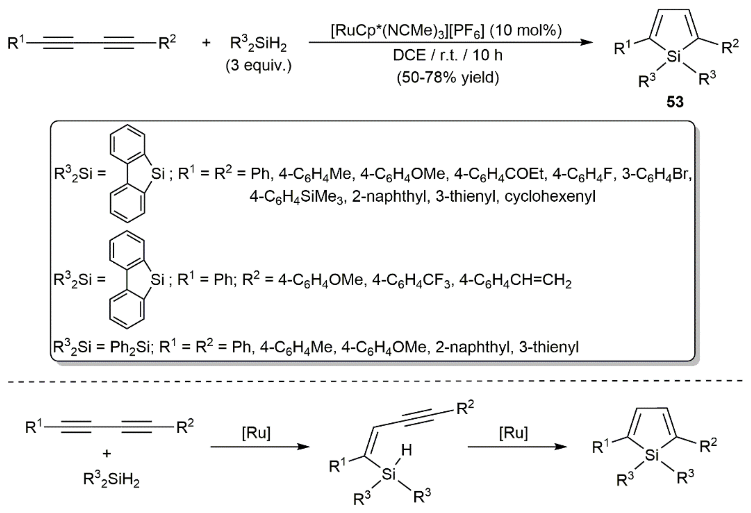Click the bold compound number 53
point(675,102)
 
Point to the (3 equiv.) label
point(259,66)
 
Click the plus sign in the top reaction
point(206,42)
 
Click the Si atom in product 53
point(674,57)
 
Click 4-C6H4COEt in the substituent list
point(499,174)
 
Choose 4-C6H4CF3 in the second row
point(411,280)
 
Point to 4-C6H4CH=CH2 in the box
point(515,280)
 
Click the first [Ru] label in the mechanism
point(256,433)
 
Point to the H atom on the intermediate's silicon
point(406,450)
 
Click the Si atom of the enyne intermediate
point(388,474)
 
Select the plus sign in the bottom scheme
point(107,454)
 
